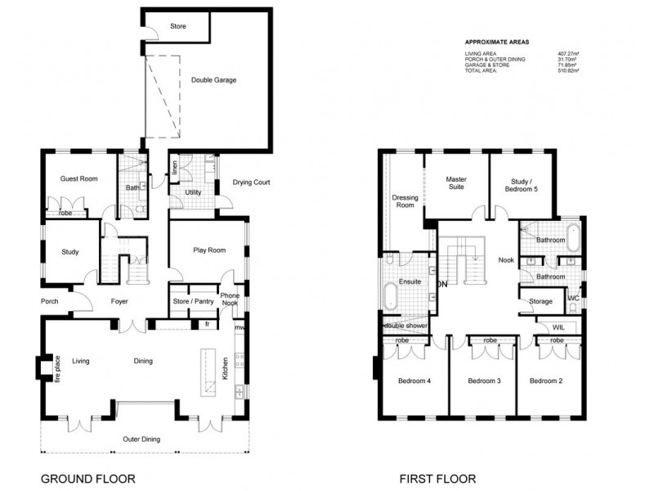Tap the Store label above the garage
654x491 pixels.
[177, 26]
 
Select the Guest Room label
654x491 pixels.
[79, 178]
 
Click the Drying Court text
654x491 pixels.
[251, 182]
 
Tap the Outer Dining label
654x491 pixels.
[141, 439]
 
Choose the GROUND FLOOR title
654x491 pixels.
[87, 479]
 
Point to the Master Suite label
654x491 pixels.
[455, 182]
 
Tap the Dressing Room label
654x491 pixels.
[405, 201]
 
